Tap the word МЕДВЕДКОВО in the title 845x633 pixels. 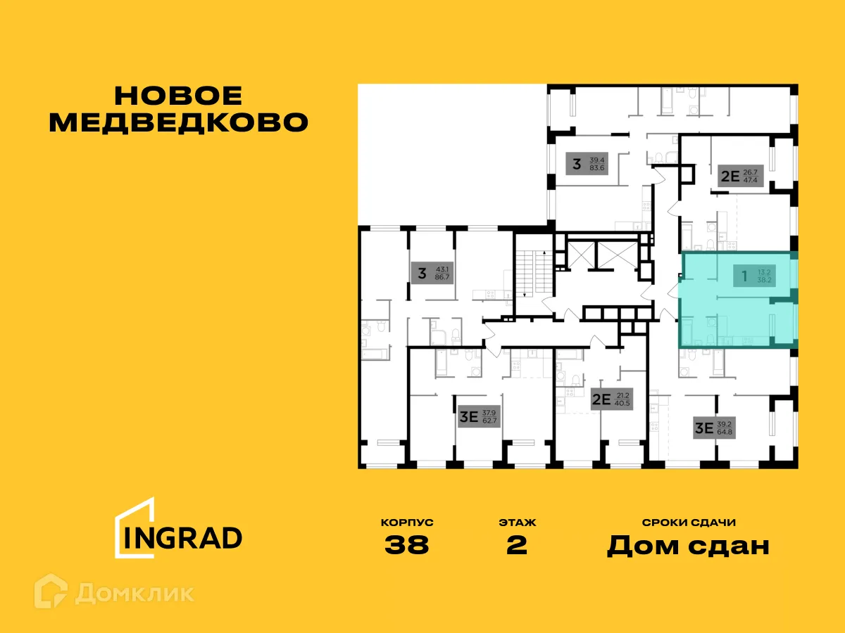(179, 122)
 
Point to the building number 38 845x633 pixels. (407, 545)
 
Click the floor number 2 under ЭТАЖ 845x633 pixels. (517, 545)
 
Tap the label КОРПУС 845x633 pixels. (407, 523)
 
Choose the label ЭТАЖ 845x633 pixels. (517, 523)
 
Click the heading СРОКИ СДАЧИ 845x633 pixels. (689, 523)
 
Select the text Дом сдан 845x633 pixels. (688, 546)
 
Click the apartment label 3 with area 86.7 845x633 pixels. (432, 273)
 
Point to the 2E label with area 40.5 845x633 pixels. (611, 400)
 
